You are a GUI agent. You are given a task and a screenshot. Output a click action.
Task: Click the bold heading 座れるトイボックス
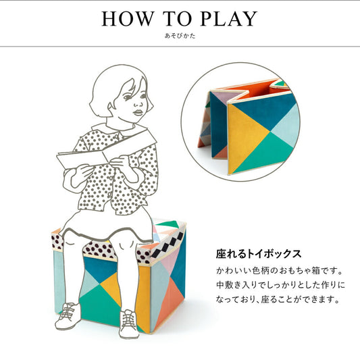point(259,255)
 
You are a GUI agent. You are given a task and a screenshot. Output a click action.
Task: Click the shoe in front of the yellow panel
point(128,322)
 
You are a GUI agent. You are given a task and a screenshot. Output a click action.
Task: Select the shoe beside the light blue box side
point(67,316)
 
